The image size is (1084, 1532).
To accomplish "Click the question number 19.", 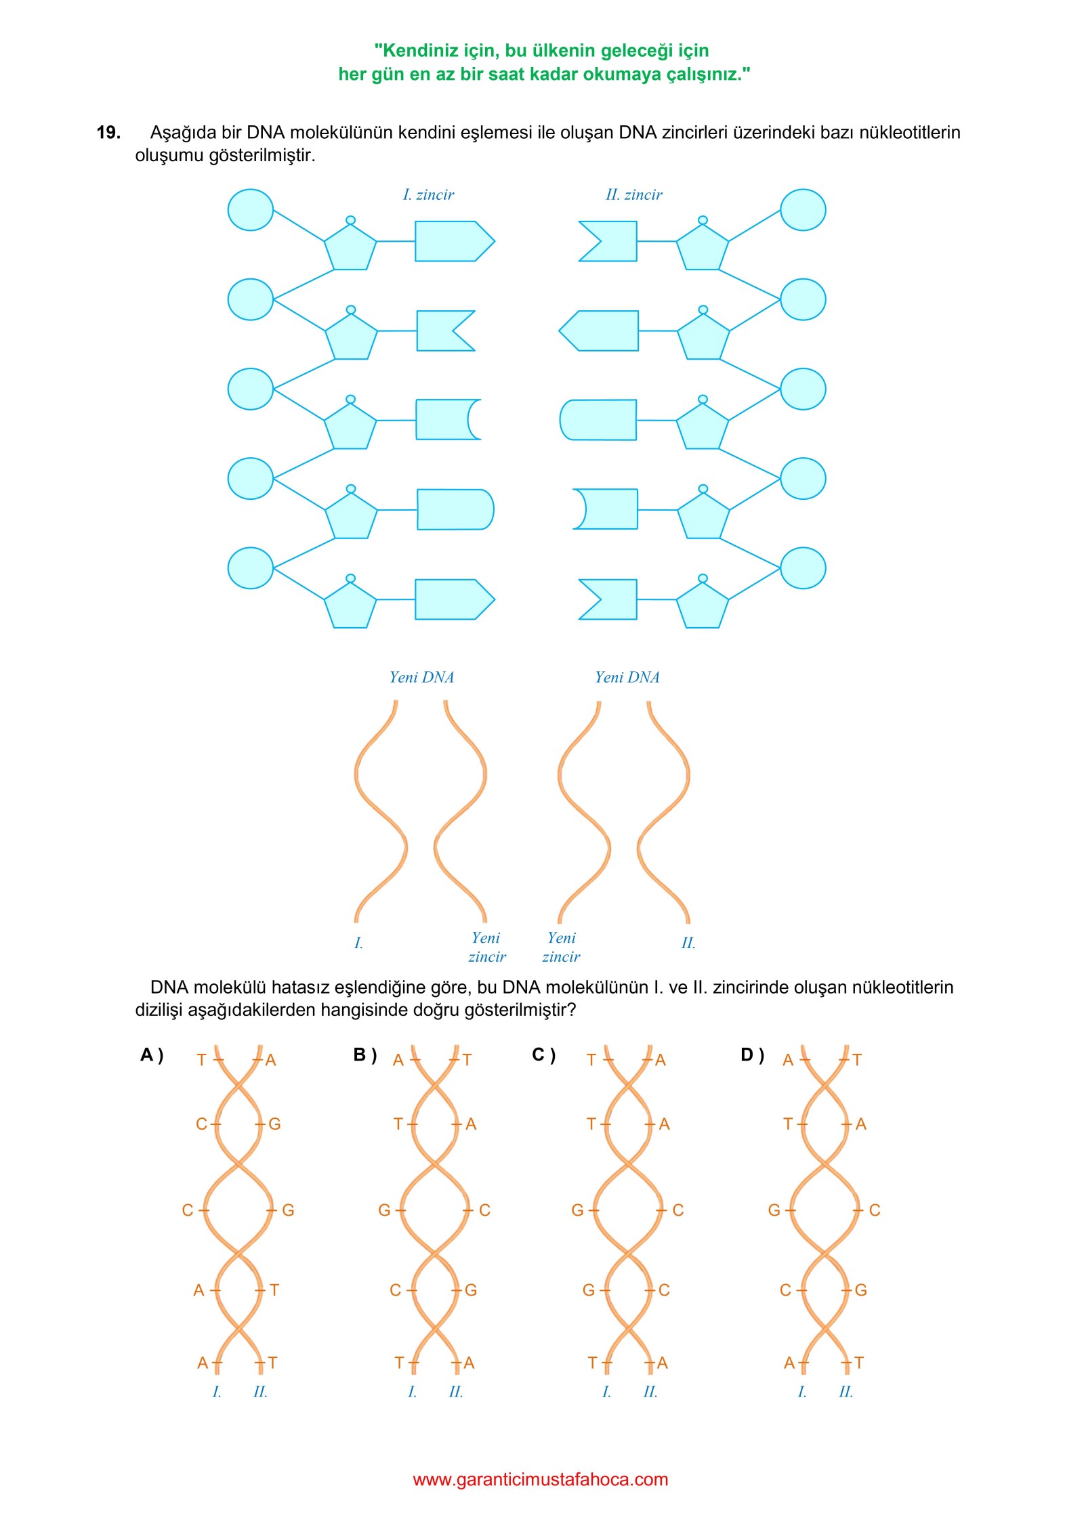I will [108, 133].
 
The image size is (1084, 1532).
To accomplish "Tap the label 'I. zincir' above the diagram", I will [428, 195].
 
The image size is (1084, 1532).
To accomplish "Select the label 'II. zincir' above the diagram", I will [633, 195].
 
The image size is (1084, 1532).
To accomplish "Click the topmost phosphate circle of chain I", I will [251, 210].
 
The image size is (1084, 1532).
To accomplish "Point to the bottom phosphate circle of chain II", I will [803, 568].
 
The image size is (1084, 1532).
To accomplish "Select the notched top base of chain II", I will [609, 241].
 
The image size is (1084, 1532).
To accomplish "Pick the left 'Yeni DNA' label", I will [421, 677].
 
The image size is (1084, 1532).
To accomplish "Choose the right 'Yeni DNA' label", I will [627, 677].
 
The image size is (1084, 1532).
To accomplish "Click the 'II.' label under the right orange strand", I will [688, 943].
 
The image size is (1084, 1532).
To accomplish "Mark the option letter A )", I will [152, 1055].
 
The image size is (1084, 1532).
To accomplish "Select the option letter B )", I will [364, 1055].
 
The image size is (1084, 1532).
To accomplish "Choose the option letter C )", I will [543, 1055].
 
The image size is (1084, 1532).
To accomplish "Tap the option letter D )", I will [752, 1055].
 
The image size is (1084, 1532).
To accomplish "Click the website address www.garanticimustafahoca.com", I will [540, 1480].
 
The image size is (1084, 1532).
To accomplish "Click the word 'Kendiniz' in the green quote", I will [423, 51].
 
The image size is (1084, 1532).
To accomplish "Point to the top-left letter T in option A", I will [201, 1060].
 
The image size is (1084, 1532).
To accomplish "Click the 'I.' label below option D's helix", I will [802, 1392].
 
